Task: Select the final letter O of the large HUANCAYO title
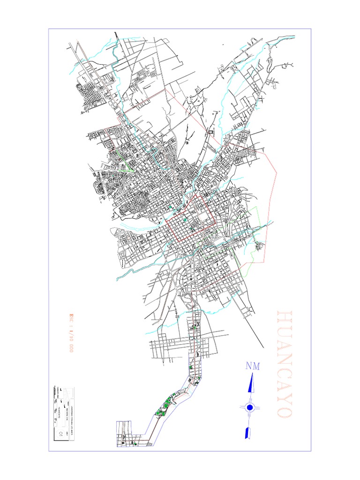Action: tap(284, 411)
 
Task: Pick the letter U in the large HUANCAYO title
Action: tap(284, 330)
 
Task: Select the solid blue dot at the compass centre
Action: tap(250, 408)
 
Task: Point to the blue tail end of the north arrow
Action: tap(247, 433)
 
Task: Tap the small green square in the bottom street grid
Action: tap(135, 443)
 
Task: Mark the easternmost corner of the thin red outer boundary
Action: tap(277, 172)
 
